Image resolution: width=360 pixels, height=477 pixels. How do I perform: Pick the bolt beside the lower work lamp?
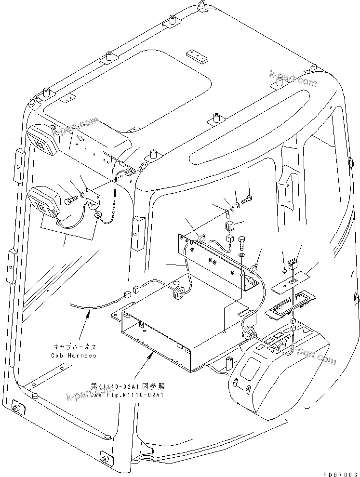point(72,197)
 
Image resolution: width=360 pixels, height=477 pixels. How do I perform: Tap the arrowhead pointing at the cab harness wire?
point(89,314)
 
